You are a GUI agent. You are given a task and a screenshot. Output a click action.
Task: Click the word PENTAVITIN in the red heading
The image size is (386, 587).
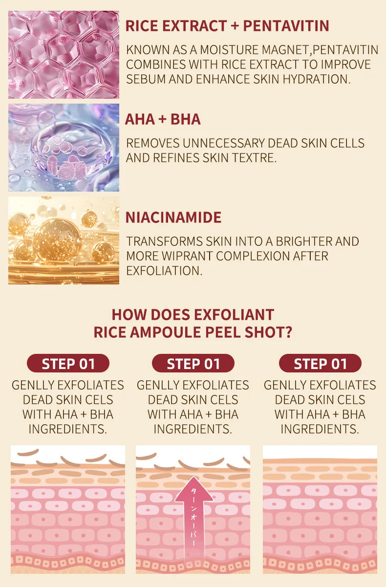(286, 26)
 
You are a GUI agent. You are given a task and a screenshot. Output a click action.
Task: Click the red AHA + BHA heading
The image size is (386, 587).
(163, 119)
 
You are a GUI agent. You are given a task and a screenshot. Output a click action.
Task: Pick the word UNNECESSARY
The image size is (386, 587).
(224, 143)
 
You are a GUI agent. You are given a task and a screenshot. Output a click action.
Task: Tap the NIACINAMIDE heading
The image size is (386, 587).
(173, 217)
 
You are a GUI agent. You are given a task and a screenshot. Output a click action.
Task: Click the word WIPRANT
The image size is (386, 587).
(187, 256)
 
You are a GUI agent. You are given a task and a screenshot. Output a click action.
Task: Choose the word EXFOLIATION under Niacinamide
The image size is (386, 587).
(164, 271)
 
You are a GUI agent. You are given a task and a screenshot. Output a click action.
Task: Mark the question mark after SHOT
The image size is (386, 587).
(288, 332)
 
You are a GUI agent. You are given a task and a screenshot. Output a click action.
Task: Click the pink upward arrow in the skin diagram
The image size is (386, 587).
(193, 522)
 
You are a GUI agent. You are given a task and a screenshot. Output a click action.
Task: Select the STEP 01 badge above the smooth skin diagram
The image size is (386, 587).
(320, 363)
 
